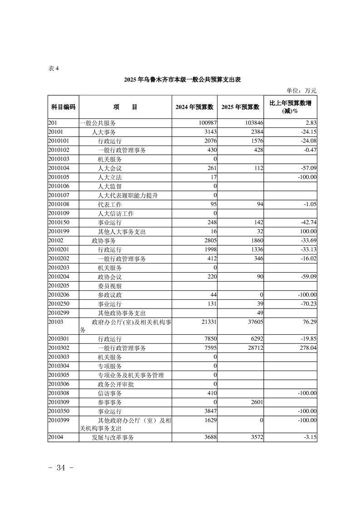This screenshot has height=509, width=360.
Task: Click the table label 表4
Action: tap(54, 69)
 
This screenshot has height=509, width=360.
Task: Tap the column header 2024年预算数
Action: tap(194, 107)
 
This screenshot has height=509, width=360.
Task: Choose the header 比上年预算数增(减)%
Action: tap(290, 107)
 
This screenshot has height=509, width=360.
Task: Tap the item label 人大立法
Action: tap(109, 177)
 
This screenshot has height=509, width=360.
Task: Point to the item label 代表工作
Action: tap(109, 204)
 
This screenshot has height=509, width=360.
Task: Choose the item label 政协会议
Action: tap(109, 277)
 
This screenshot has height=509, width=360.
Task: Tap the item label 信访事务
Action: tap(109, 393)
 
